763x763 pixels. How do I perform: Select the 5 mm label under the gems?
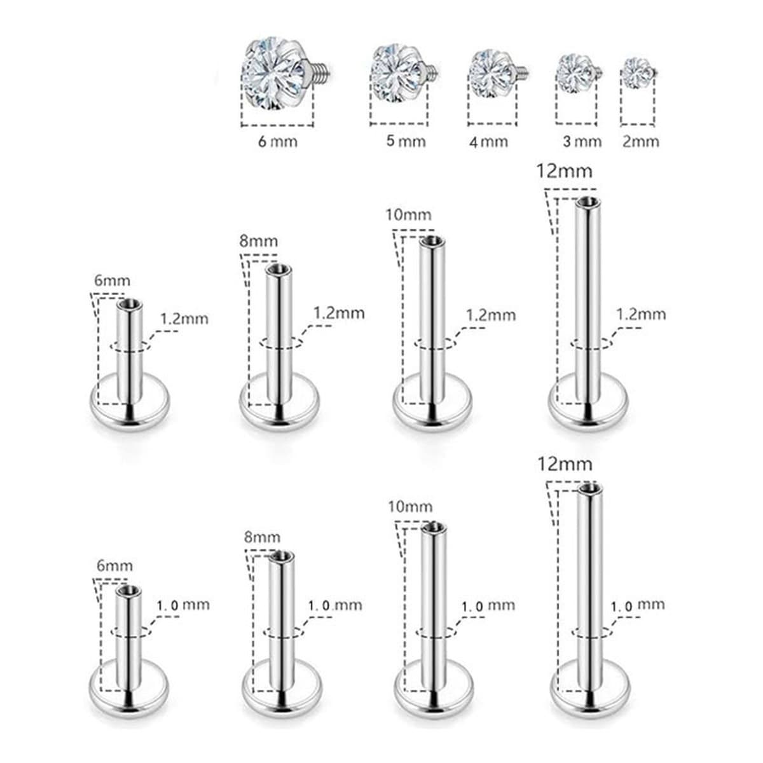click(x=406, y=141)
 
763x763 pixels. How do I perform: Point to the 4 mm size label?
click(x=488, y=142)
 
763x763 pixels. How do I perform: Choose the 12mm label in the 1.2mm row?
click(x=564, y=171)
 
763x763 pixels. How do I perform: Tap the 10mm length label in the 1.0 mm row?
click(x=410, y=506)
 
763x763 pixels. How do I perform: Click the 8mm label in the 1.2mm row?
click(x=259, y=241)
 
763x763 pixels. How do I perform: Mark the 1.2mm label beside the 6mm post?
click(x=184, y=319)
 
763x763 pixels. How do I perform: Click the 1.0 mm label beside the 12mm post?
click(x=638, y=605)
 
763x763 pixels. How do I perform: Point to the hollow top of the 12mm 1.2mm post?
click(x=588, y=202)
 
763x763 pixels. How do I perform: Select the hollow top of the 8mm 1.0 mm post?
click(x=281, y=556)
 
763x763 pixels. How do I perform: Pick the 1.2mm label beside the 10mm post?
click(x=491, y=315)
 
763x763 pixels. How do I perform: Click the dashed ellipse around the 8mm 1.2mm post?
click(x=281, y=343)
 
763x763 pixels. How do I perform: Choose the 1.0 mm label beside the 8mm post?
click(x=335, y=605)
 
